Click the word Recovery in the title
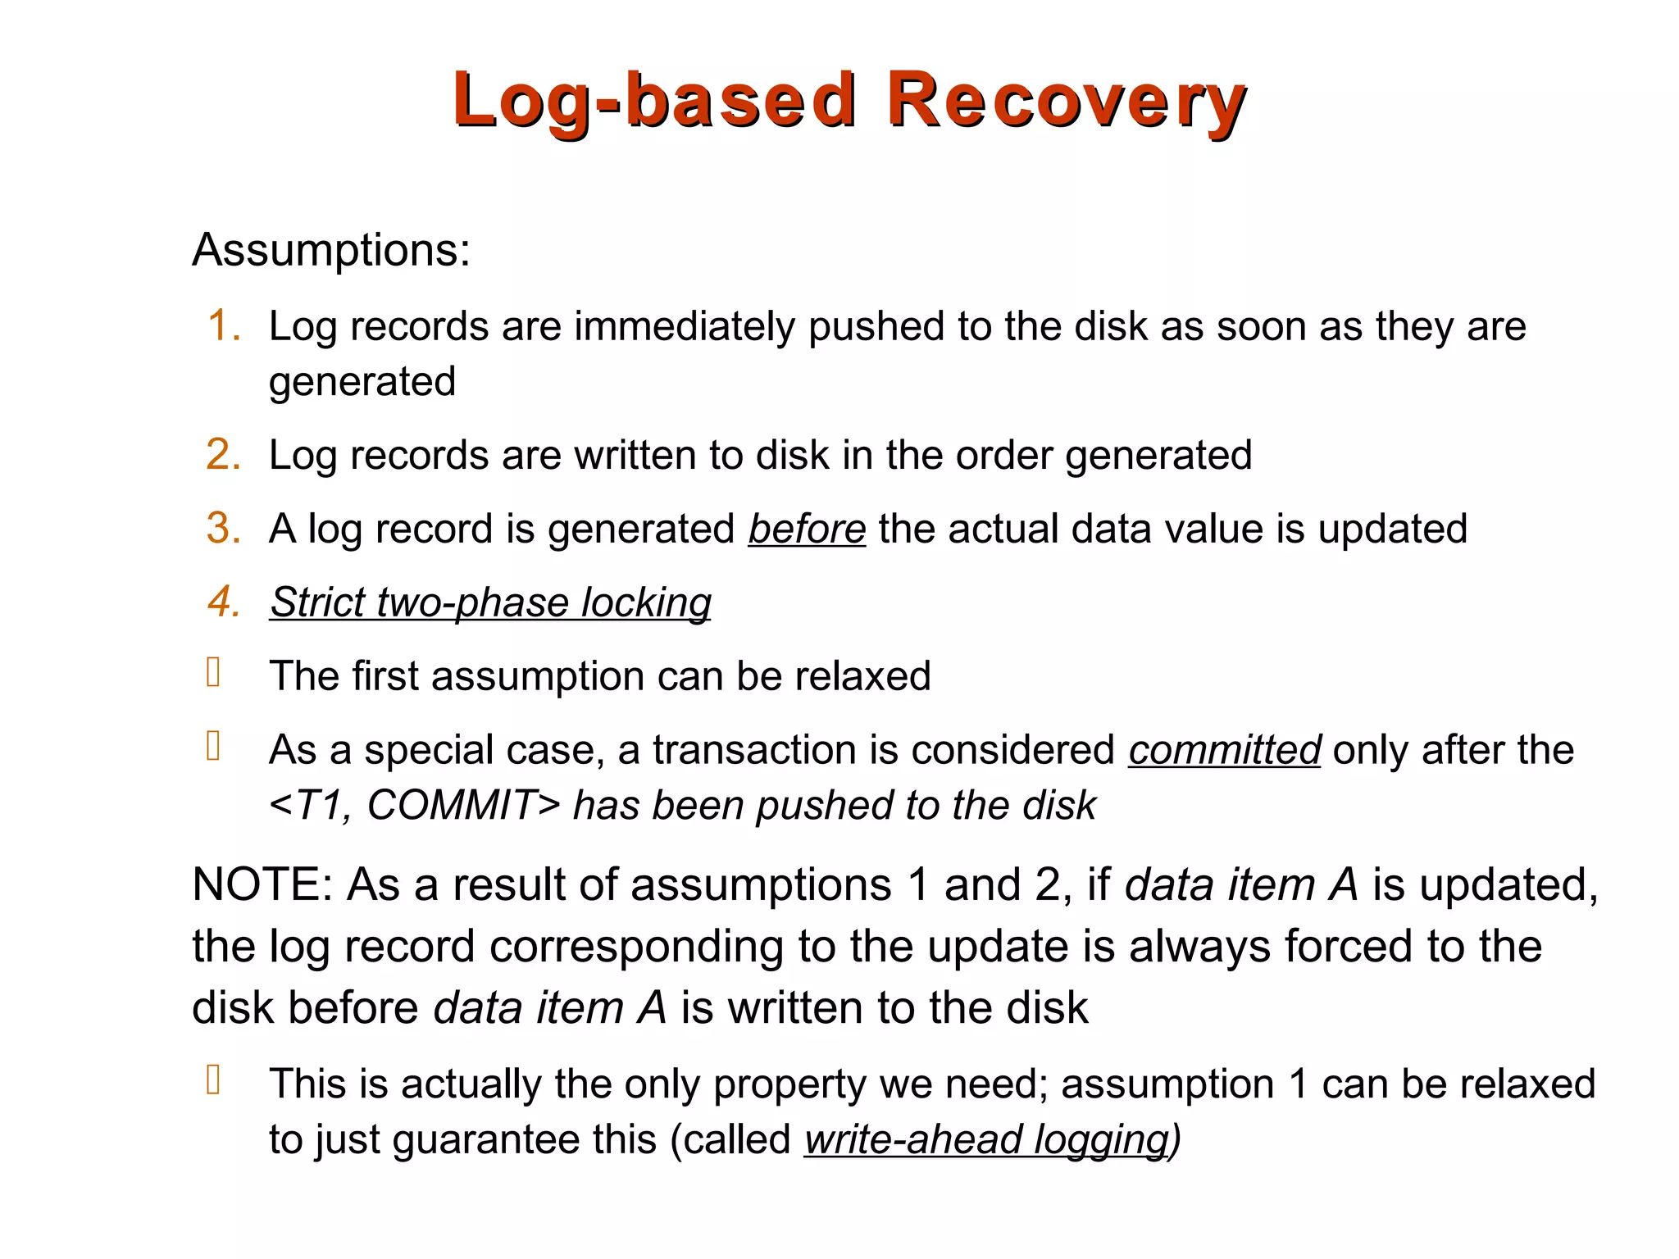pyautogui.click(x=1066, y=102)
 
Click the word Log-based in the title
pyautogui.click(x=654, y=102)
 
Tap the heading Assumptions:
pyautogui.click(x=331, y=249)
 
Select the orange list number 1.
pyautogui.click(x=223, y=325)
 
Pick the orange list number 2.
pyautogui.click(x=223, y=454)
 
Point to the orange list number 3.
pyautogui.click(x=223, y=528)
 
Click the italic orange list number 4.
pyautogui.click(x=223, y=602)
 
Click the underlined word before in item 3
pyautogui.click(x=807, y=529)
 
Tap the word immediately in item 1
pyautogui.click(x=685, y=326)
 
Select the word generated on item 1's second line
pyautogui.click(x=362, y=382)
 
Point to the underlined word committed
pyautogui.click(x=1224, y=750)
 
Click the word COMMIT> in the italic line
pyautogui.click(x=464, y=805)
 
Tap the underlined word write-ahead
pyautogui.click(x=913, y=1139)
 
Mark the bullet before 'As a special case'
pyautogui.click(x=214, y=746)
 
